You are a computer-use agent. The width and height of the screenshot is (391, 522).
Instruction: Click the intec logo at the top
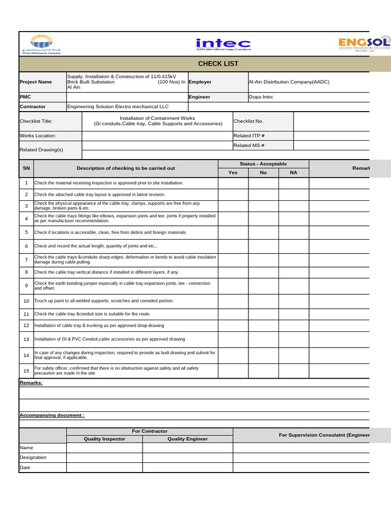[224, 44]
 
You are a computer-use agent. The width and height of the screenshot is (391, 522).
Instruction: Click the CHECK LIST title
[218, 64]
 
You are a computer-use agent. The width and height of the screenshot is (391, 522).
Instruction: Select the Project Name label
[36, 82]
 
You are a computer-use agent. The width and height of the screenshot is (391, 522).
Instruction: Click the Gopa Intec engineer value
[261, 97]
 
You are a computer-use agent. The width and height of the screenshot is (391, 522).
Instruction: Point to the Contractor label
[33, 107]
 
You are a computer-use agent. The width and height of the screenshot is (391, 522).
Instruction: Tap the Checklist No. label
[248, 121]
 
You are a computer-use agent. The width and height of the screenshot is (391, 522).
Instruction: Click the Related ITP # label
[249, 136]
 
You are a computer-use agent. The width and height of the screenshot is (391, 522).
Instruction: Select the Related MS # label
[249, 145]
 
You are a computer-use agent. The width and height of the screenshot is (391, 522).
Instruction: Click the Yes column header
[233, 173]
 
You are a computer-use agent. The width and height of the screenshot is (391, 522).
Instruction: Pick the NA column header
[293, 173]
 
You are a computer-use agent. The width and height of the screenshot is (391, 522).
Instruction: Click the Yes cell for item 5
[233, 232]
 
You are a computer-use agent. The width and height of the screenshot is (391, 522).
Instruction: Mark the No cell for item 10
[263, 301]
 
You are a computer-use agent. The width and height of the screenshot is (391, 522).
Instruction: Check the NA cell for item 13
[293, 339]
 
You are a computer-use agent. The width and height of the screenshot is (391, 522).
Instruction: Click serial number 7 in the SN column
[26, 259]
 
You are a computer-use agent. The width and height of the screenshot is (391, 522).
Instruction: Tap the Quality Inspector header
[104, 439]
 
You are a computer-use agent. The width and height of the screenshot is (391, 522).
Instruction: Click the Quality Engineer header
[187, 439]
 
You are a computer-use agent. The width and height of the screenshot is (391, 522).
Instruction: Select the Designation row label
[33, 457]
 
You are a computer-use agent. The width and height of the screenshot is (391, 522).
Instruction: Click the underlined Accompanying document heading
[52, 415]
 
